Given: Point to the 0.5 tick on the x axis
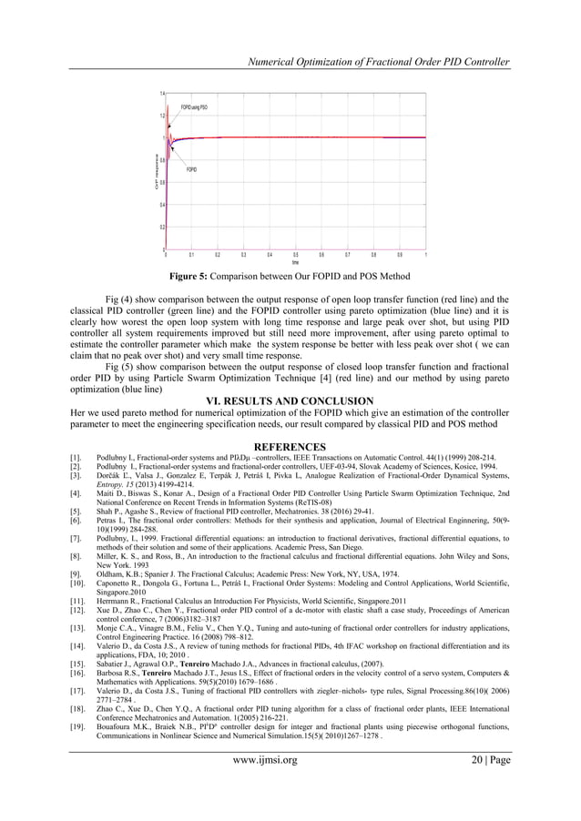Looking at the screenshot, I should point(295,255).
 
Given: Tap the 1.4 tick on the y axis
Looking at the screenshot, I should point(161,94).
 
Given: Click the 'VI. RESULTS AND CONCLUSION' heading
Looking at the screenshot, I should point(290,400).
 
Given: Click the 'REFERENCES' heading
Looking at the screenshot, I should point(290,446).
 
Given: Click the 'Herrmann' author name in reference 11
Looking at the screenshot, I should point(114,593).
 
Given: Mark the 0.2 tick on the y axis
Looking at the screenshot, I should point(161,227).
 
